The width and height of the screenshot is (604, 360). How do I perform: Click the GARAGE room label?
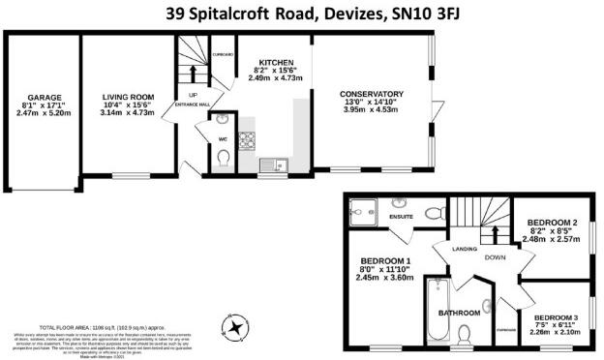click(40, 96)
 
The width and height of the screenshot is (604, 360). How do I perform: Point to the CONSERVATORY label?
click(372, 94)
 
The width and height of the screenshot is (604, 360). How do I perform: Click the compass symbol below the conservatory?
click(233, 327)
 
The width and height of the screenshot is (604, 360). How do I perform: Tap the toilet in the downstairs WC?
click(222, 165)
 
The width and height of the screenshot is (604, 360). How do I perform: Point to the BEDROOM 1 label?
click(385, 261)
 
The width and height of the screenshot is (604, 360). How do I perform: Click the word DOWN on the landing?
click(493, 257)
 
